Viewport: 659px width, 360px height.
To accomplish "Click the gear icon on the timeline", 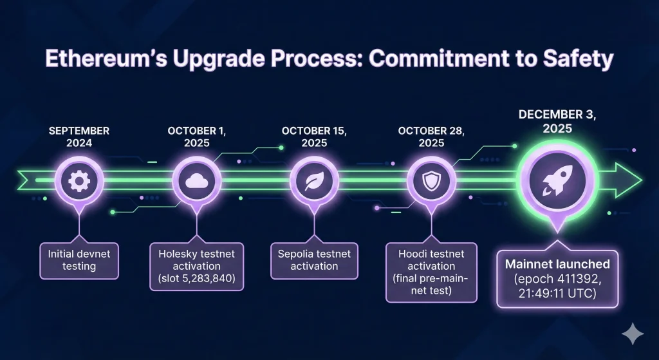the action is pos(79,182).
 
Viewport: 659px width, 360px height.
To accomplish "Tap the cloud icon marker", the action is pos(197,182).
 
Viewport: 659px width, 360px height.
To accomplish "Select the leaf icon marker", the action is pos(314,182).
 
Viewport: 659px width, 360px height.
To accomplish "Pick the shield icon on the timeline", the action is pos(431,182).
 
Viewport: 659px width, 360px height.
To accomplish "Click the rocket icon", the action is pos(557,180).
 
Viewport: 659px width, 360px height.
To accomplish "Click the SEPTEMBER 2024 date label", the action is pos(79,137).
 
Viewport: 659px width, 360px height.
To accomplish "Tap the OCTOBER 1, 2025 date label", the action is pos(197,137).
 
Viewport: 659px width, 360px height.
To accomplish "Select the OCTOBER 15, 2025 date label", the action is pos(314,137).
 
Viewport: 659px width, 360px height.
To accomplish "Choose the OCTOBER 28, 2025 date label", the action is pos(431,137).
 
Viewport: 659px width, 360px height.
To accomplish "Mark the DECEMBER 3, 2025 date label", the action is pos(557,121).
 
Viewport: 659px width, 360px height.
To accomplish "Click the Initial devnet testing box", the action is pos(79,261).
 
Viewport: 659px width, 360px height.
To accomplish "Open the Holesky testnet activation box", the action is pos(197,266).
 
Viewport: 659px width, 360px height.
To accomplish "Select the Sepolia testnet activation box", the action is pos(314,261).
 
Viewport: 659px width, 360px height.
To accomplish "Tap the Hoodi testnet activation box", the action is pos(431,272).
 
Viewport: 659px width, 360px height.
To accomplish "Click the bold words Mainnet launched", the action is pos(557,264).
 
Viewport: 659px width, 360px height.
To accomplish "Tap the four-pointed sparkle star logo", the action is pos(633,334).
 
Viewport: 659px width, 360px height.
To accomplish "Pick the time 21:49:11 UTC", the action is pos(557,293).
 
